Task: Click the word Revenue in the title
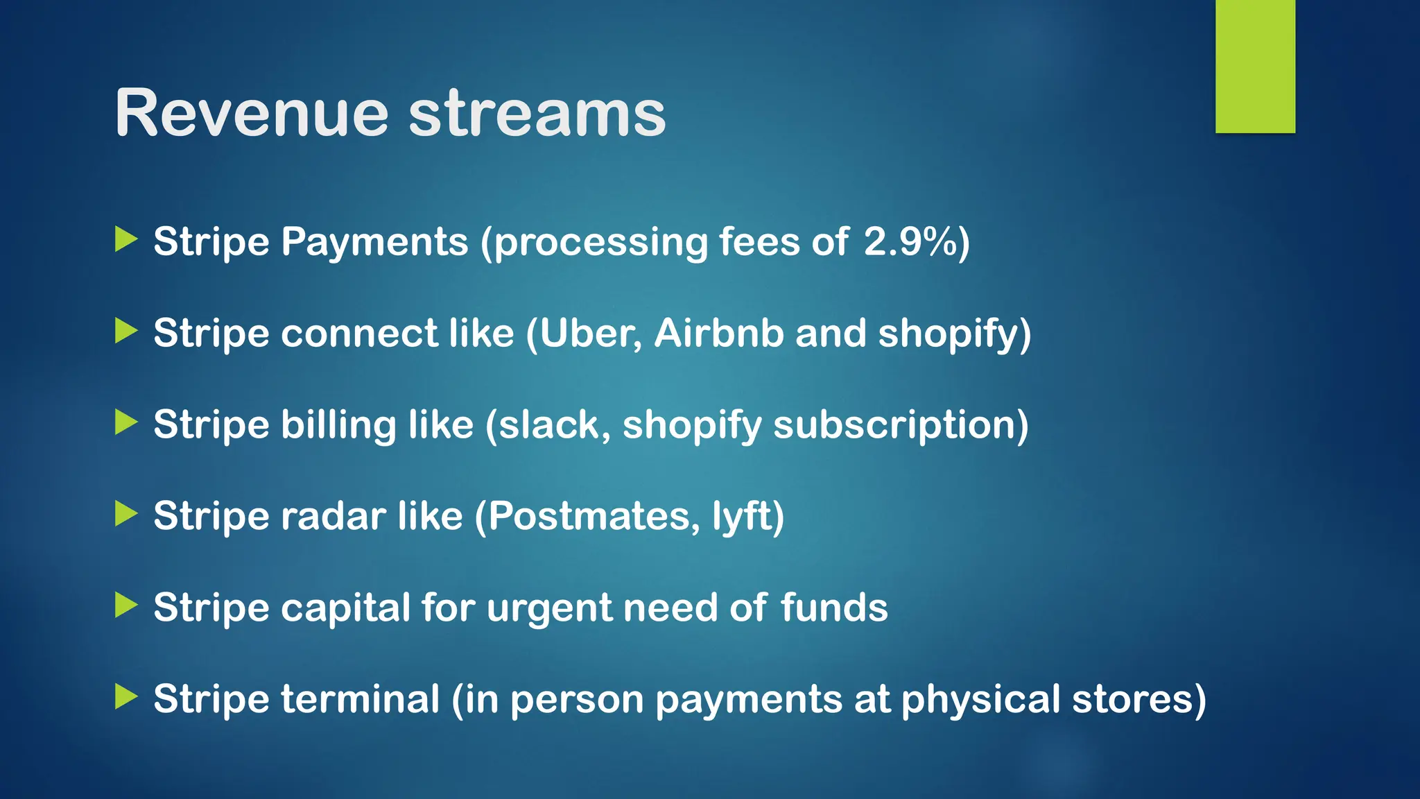coord(251,113)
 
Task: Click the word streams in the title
coord(537,113)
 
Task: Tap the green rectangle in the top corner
coord(1255,67)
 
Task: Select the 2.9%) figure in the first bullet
coord(916,242)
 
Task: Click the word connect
coord(359,334)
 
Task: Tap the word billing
coord(338,425)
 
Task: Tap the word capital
coord(345,608)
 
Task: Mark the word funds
coord(833,608)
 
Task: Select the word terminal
coord(360,698)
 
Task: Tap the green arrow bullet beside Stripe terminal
coord(126,696)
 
